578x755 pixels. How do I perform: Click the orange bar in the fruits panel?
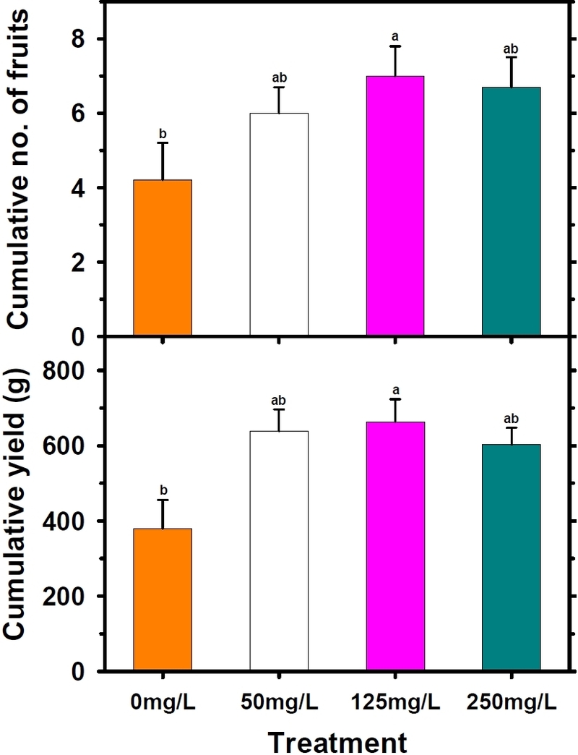click(x=163, y=258)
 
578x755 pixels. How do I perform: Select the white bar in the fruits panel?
click(x=279, y=225)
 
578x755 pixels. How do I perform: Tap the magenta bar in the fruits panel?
click(x=395, y=206)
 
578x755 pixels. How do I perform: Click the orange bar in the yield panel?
click(x=163, y=600)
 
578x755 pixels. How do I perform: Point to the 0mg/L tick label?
click(x=163, y=701)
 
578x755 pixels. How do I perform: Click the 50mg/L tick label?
click(x=279, y=701)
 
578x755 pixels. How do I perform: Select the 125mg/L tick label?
click(x=395, y=701)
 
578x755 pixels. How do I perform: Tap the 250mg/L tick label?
click(x=511, y=701)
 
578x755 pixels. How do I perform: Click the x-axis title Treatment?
click(x=337, y=741)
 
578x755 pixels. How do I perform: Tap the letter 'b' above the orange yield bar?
click(x=163, y=489)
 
